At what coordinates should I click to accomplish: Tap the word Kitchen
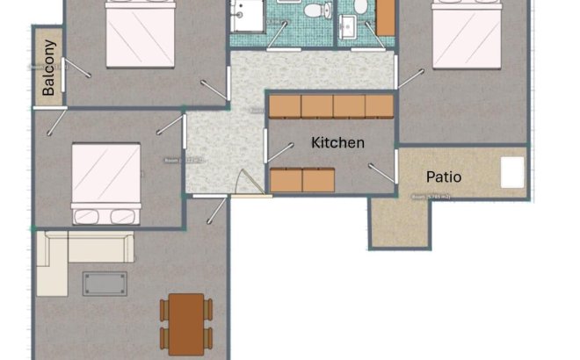pyautogui.click(x=337, y=142)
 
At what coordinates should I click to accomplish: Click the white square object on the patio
pyautogui.click(x=512, y=172)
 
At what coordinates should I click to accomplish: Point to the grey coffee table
pyautogui.click(x=105, y=284)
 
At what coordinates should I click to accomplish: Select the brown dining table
pyautogui.click(x=186, y=320)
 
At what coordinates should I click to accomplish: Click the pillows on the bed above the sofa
pyautogui.click(x=105, y=214)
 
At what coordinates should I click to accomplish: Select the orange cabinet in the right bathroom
pyautogui.click(x=385, y=17)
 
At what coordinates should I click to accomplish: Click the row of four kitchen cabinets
pyautogui.click(x=330, y=105)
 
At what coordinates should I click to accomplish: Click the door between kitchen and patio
pyautogui.click(x=383, y=172)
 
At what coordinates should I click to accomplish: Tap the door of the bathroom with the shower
pyautogui.click(x=278, y=35)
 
